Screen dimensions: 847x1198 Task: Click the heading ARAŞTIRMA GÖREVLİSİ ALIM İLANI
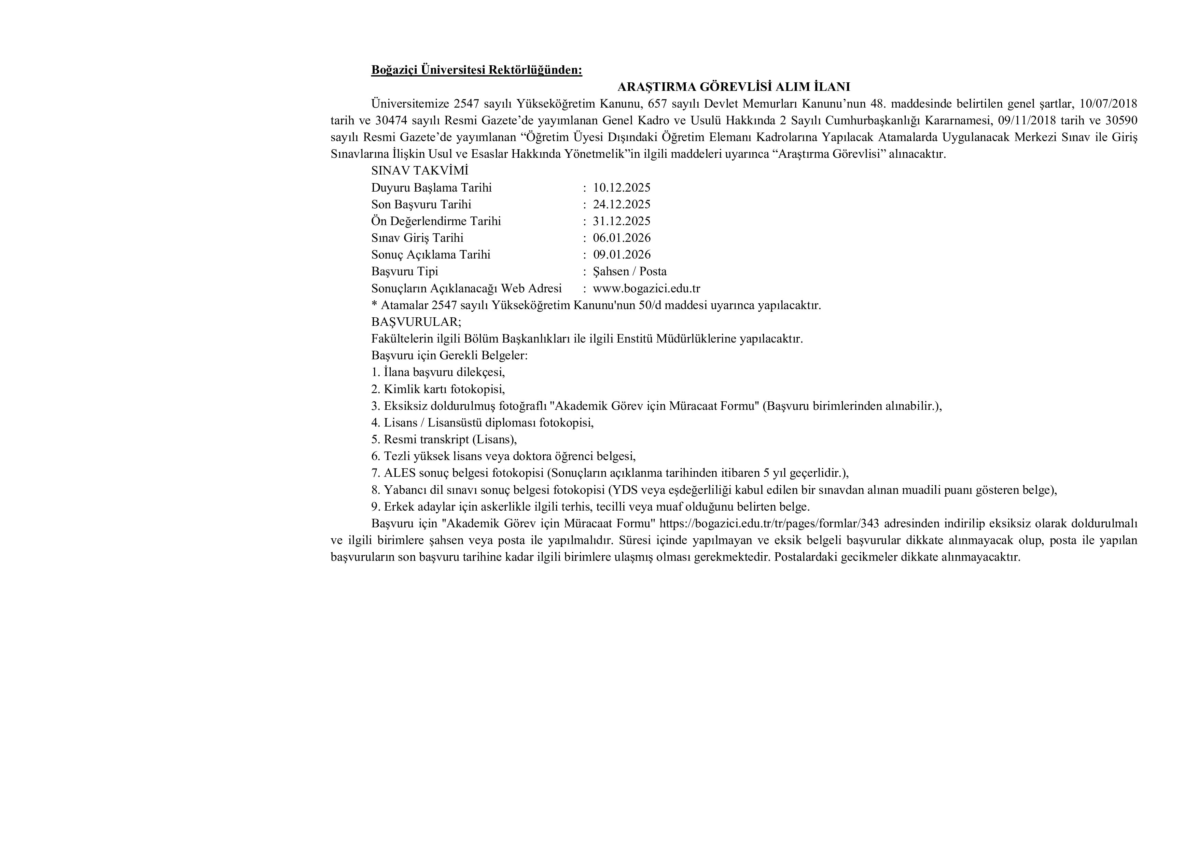coord(734,87)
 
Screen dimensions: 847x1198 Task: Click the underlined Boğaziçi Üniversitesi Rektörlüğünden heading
coord(476,70)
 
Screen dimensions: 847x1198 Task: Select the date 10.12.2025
coord(622,188)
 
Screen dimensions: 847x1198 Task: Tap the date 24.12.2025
coord(622,205)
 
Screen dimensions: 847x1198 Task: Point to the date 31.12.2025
coord(622,221)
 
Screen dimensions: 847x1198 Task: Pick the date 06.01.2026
coord(622,238)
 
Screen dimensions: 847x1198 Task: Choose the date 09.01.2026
coord(622,255)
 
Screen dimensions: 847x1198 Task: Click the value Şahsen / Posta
coord(629,272)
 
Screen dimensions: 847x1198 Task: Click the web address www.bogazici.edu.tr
coord(646,289)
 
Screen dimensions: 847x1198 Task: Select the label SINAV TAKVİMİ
coord(419,171)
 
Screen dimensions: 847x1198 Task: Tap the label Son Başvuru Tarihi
coord(421,205)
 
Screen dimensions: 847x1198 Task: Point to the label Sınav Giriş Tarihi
coord(417,238)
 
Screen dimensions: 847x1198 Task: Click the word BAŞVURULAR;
coord(416,322)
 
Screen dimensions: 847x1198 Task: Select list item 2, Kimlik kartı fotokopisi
coord(438,389)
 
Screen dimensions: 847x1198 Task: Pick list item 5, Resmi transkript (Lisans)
coord(444,440)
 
